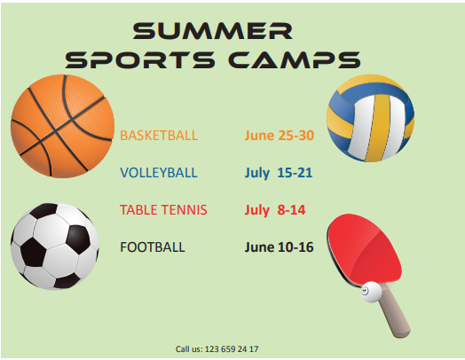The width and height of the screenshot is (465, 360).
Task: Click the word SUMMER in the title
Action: pyautogui.click(x=212, y=31)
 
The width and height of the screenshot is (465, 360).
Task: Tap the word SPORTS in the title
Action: pyautogui.click(x=139, y=59)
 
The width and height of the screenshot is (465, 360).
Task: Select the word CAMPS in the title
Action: pyautogui.click(x=295, y=59)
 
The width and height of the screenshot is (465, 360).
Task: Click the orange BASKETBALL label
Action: pyautogui.click(x=159, y=136)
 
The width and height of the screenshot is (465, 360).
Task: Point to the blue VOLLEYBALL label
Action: pyautogui.click(x=159, y=173)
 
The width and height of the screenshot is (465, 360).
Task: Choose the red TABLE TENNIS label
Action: pyautogui.click(x=163, y=210)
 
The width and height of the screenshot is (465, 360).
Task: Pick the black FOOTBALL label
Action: pyautogui.click(x=153, y=247)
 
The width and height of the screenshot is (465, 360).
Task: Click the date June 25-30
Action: pyautogui.click(x=279, y=136)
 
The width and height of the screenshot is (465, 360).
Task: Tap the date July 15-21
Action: pyautogui.click(x=279, y=173)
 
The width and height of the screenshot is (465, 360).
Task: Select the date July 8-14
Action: pyautogui.click(x=275, y=210)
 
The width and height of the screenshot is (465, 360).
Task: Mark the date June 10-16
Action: pyautogui.click(x=279, y=247)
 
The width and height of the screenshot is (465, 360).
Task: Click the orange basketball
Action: pyautogui.click(x=63, y=126)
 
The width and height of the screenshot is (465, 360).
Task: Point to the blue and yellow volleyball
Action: pyautogui.click(x=370, y=118)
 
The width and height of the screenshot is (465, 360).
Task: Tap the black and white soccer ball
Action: pyautogui.click(x=55, y=247)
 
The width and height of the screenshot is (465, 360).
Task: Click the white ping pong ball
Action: pyautogui.click(x=371, y=292)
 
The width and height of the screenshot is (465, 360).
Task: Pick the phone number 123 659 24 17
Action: pyautogui.click(x=232, y=349)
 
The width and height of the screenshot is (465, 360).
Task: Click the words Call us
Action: pyautogui.click(x=189, y=349)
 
